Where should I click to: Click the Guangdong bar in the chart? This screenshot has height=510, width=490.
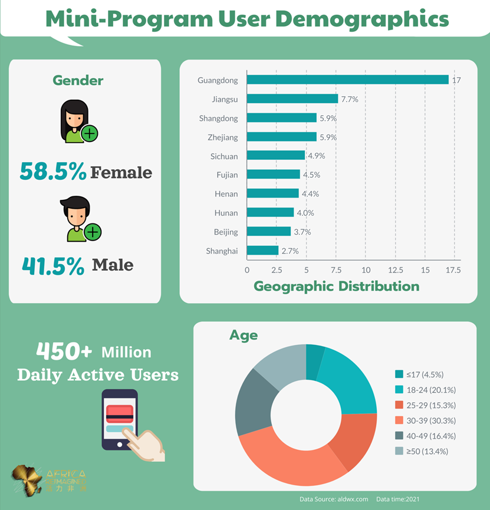pyautogui.click(x=348, y=80)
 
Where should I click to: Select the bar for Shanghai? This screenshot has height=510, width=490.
pyautogui.click(x=262, y=251)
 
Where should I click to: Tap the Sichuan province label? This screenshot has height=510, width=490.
pyautogui.click(x=224, y=156)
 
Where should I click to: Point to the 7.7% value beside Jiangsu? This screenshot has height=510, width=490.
pyautogui.click(x=349, y=99)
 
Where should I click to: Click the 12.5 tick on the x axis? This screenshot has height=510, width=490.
pyautogui.click(x=395, y=269)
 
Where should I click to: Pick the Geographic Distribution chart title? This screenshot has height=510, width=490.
pyautogui.click(x=336, y=287)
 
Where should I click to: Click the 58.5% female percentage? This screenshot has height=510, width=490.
pyautogui.click(x=53, y=172)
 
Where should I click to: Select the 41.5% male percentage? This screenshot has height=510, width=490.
pyautogui.click(x=53, y=266)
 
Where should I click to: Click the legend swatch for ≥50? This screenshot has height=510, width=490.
pyautogui.click(x=399, y=451)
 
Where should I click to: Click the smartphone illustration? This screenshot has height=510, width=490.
pyautogui.click(x=120, y=419)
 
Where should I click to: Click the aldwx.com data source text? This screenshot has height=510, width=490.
pyautogui.click(x=334, y=499)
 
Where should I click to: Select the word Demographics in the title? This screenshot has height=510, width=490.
pyautogui.click(x=362, y=19)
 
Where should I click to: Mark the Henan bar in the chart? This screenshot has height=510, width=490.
pyautogui.click(x=272, y=193)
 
